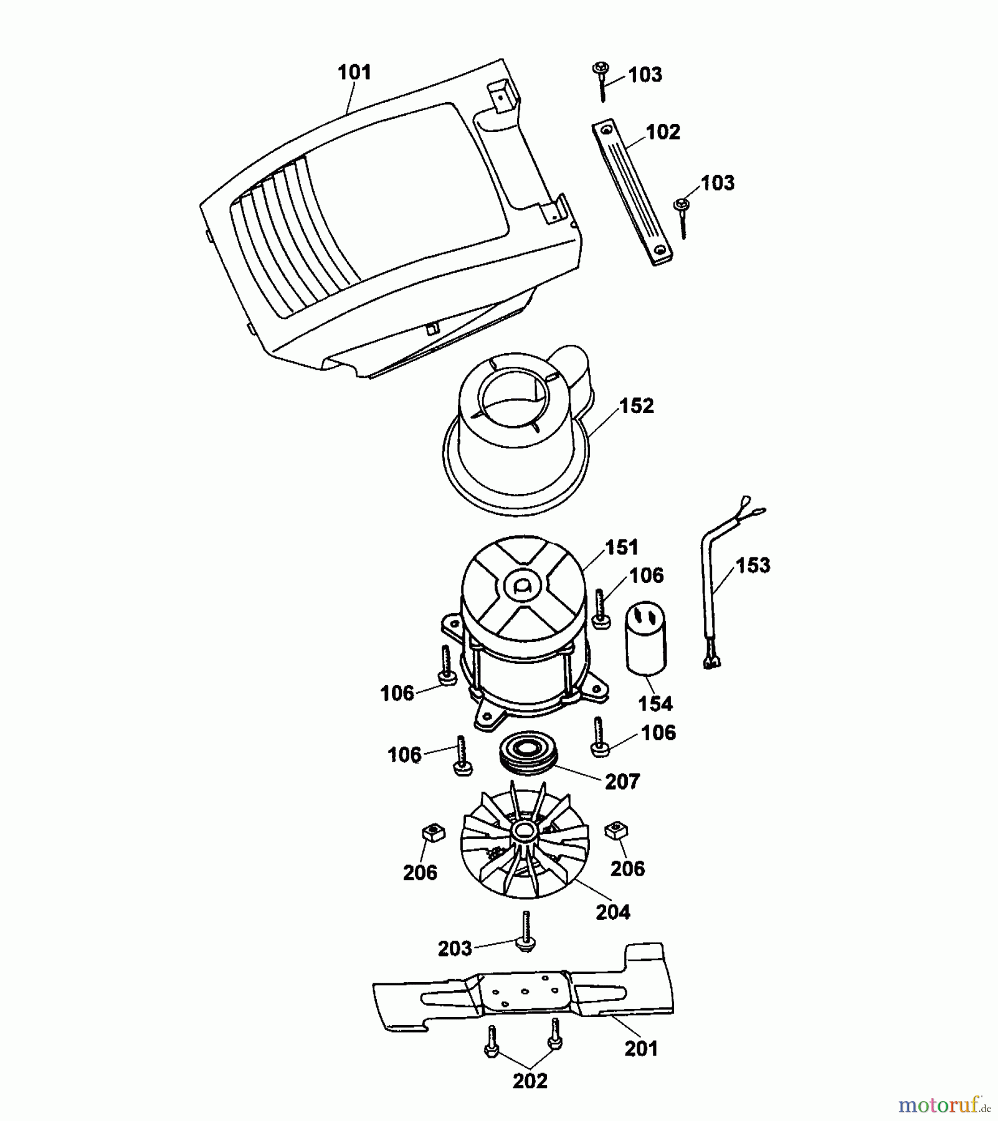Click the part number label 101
click(354, 72)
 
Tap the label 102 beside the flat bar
click(663, 132)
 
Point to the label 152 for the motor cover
click(636, 406)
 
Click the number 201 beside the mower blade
click(641, 1049)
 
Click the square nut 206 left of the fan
click(430, 831)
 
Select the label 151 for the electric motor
click(622, 547)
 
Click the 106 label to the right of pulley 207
click(658, 733)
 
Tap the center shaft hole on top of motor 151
click(522, 586)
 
